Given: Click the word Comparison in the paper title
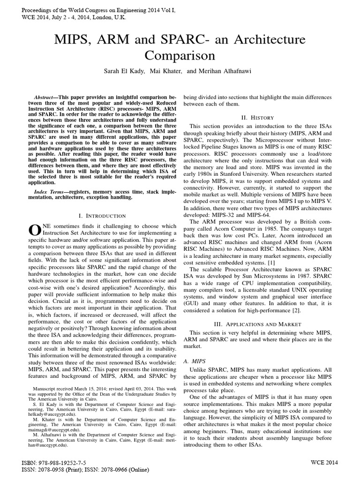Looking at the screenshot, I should pyautogui.click(x=180, y=56).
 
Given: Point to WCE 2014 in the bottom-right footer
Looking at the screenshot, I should pyautogui.click(x=324, y=462).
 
